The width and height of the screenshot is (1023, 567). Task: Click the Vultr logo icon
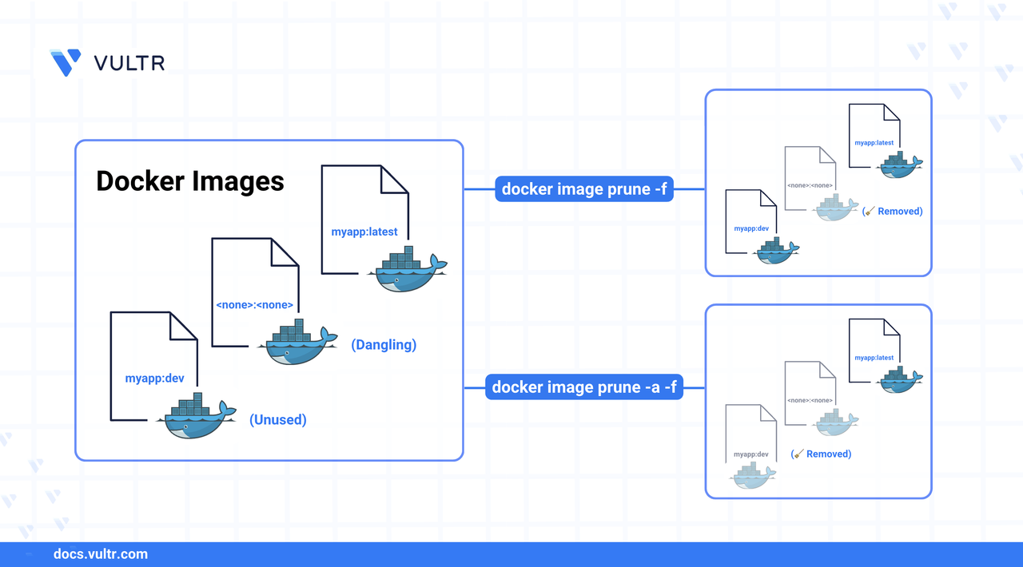65,62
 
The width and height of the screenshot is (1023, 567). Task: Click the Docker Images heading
190,181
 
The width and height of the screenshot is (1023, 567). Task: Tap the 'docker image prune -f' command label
583,189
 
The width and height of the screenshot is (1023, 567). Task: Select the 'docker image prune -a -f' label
583,387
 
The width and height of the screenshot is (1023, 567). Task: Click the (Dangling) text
384,345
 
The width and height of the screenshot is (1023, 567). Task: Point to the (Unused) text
277,418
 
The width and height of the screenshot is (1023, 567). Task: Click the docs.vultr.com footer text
100,554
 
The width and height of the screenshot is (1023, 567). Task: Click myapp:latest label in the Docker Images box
364,232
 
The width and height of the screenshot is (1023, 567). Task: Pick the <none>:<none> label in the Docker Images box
255,305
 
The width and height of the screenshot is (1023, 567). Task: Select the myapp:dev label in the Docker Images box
154,379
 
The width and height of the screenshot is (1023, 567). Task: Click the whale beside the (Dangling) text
292,343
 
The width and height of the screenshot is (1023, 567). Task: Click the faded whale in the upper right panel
835,208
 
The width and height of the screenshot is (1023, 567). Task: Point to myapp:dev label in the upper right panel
751,229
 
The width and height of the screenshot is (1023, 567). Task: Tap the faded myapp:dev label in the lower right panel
751,454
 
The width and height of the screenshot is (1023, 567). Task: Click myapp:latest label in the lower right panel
874,358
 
